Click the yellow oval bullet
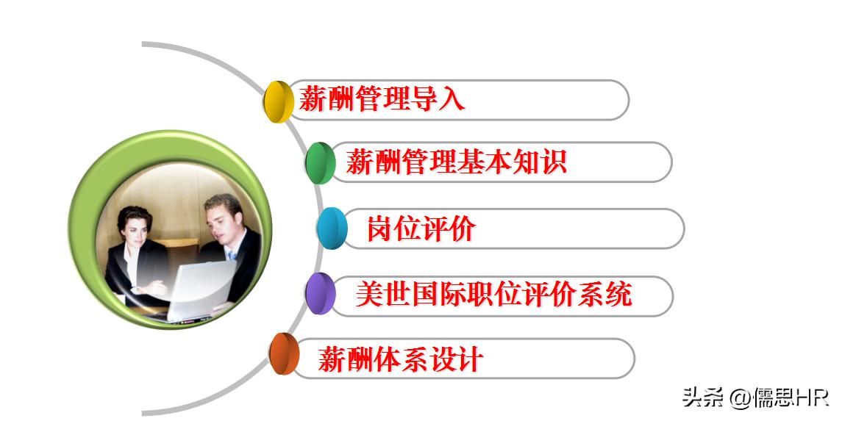(279, 101)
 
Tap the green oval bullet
(320, 162)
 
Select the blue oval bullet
(332, 229)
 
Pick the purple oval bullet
(320, 294)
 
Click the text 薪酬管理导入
(381, 98)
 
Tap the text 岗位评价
(421, 229)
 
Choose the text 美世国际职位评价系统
(493, 295)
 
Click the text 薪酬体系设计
(400, 359)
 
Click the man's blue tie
(231, 255)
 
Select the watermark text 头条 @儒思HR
(755, 397)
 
